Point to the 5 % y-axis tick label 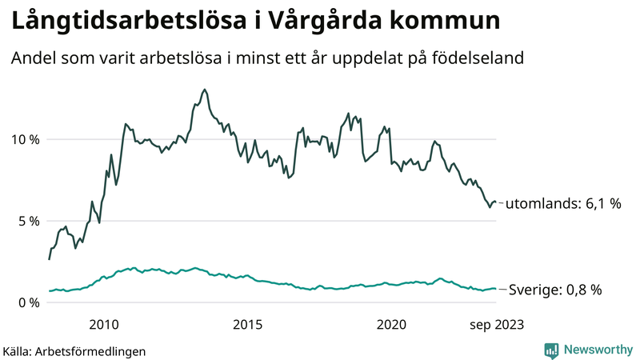[26, 222]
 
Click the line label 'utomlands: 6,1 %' [563, 204]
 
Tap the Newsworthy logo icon [552, 350]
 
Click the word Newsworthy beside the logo [597, 350]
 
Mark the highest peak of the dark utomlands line [205, 90]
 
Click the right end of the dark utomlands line [496, 202]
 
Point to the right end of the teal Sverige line [496, 289]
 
